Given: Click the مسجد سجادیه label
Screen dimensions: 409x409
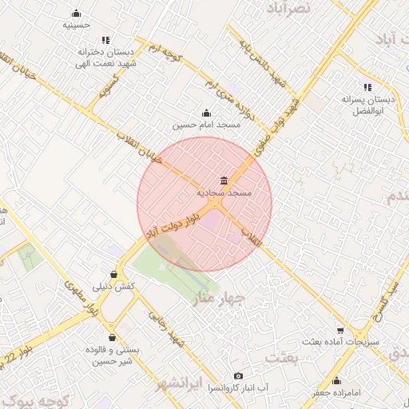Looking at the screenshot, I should coord(224,193).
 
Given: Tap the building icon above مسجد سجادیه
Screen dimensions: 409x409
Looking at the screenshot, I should coord(224,181).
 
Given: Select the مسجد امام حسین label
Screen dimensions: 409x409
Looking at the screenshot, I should coord(201,125).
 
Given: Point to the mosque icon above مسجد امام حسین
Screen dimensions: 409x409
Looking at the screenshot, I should coord(206,113).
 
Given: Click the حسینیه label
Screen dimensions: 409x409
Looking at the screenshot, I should coord(76,25).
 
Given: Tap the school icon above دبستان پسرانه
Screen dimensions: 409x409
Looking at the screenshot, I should coord(367,87).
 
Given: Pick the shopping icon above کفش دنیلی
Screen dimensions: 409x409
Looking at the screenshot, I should coord(114,275).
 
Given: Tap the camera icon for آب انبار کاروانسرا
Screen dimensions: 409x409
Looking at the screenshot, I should coord(238,375).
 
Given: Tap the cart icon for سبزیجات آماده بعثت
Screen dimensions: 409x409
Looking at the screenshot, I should coord(340,330).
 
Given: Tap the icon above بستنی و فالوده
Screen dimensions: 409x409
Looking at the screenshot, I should coord(112,337).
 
